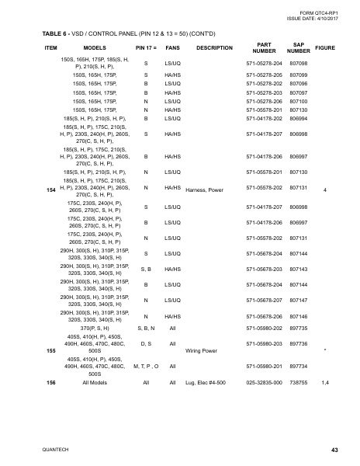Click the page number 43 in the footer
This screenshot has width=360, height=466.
coord(334,450)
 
